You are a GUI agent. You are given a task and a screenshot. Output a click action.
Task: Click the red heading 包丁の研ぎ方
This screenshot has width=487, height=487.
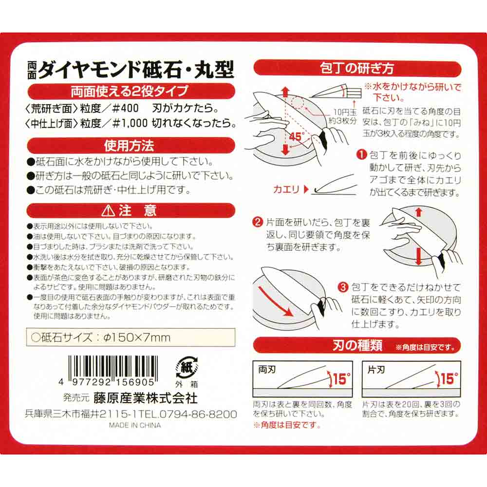[x=357, y=68]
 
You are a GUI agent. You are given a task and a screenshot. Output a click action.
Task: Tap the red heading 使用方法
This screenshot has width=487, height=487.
[x=129, y=145]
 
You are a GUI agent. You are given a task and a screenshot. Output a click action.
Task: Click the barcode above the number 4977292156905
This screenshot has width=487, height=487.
[x=112, y=365]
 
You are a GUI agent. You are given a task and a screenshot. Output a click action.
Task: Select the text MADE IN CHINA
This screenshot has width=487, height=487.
[x=131, y=425]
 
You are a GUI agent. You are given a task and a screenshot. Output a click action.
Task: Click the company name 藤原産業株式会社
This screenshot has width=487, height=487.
[x=146, y=398]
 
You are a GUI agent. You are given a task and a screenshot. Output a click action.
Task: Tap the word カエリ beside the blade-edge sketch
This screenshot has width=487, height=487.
[x=287, y=189]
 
